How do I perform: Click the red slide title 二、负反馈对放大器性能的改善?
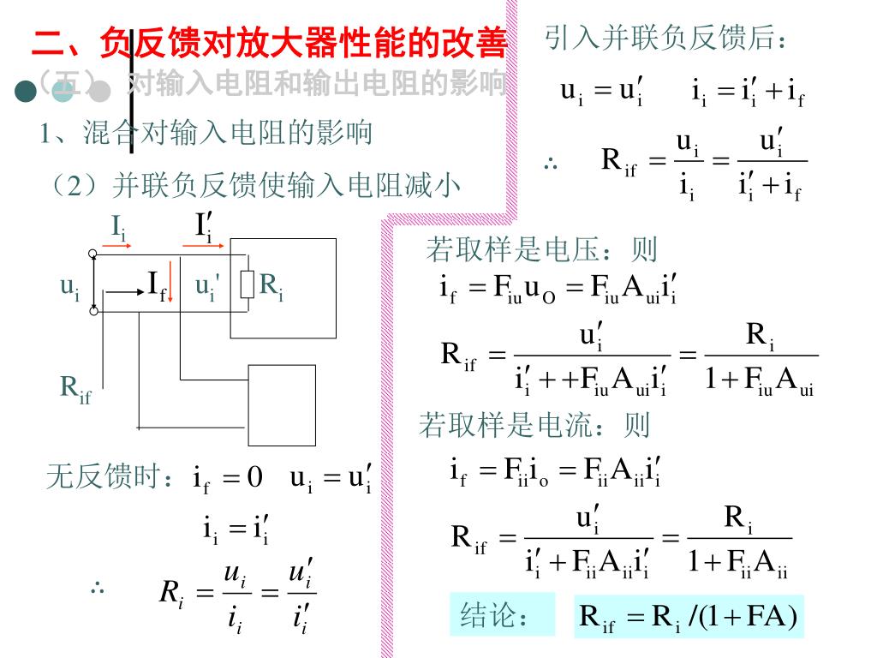[269, 43]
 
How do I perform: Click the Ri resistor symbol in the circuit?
[248, 284]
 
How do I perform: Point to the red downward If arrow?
[171, 285]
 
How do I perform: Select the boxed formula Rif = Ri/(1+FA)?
[689, 616]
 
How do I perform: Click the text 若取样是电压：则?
[541, 249]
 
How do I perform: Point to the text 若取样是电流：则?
[534, 424]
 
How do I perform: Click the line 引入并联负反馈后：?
[665, 38]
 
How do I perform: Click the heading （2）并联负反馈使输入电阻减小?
[256, 184]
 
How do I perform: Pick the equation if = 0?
[228, 477]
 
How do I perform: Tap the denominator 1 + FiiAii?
[737, 561]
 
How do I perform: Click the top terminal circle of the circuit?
[92, 254]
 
